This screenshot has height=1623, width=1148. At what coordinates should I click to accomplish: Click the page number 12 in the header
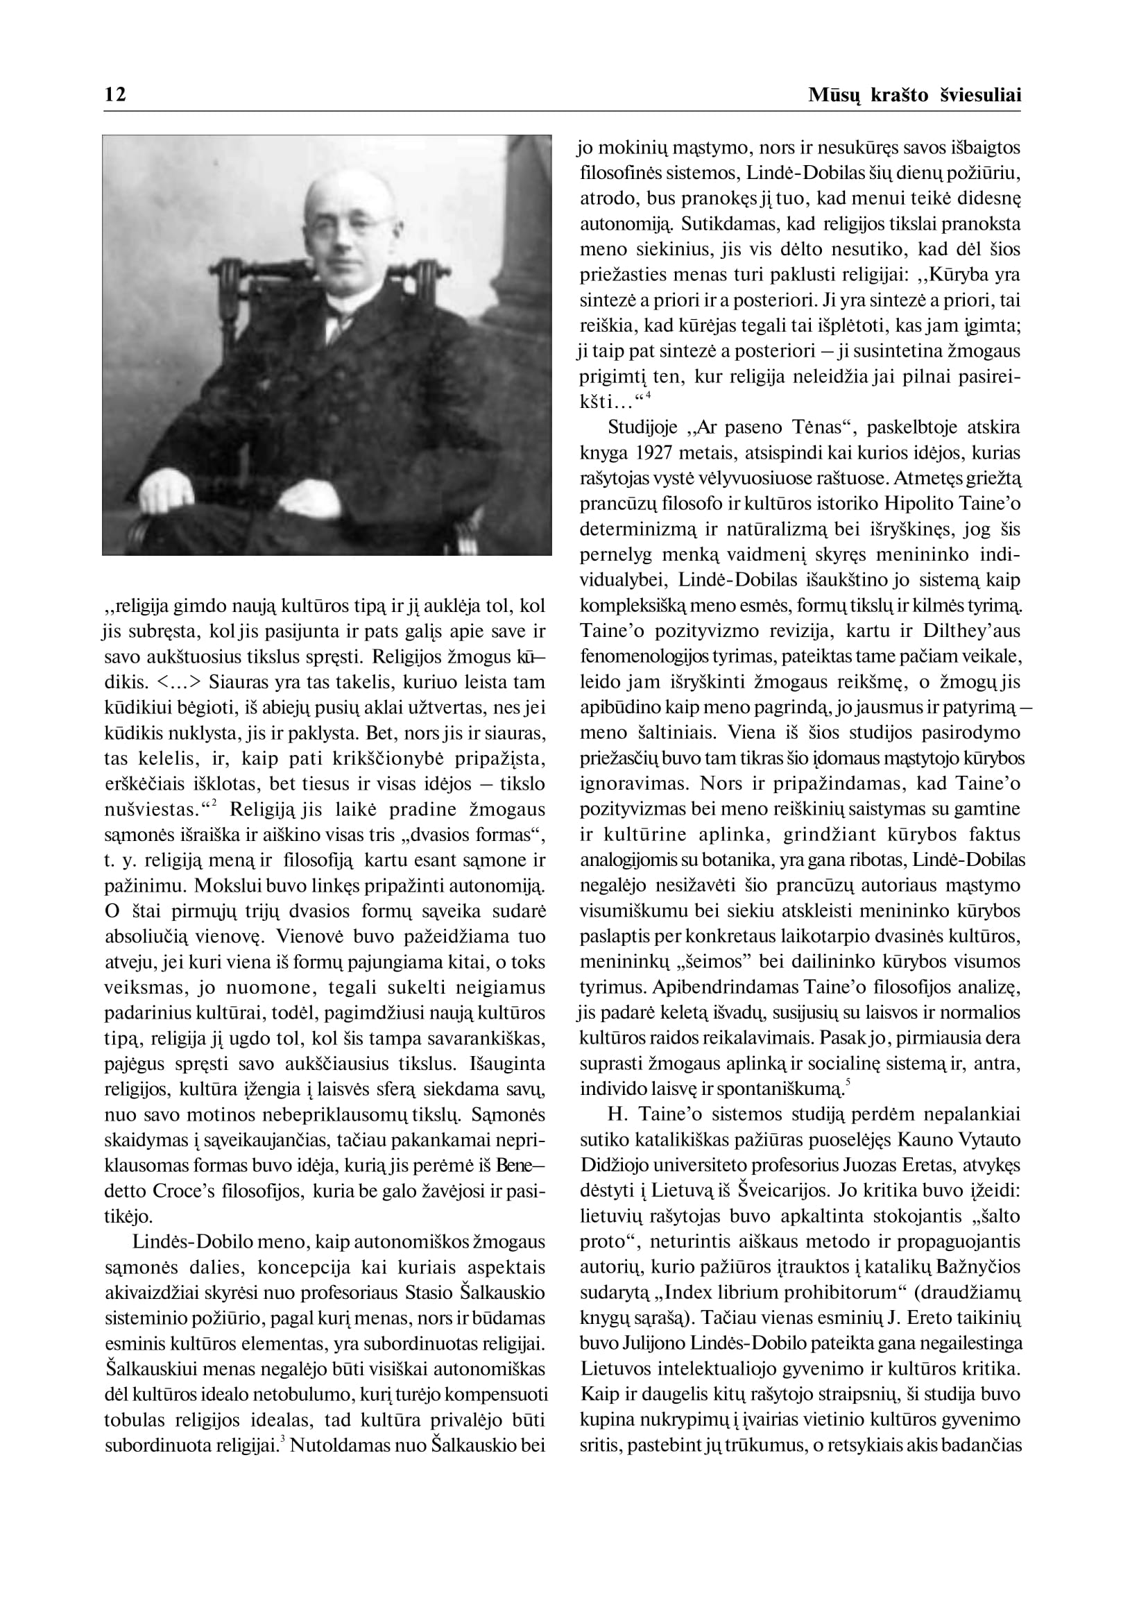(115, 94)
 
